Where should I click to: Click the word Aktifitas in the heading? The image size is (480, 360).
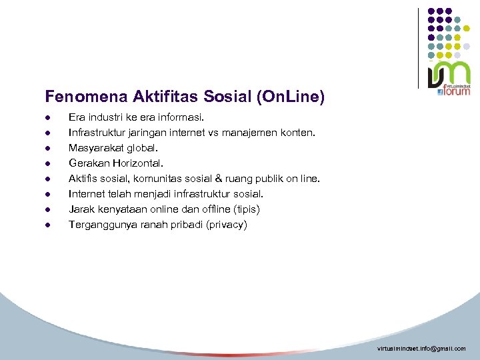point(145,97)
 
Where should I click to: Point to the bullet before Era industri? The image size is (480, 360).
point(48,117)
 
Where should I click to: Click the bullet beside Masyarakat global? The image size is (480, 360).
point(48,148)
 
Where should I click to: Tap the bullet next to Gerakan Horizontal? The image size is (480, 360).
point(48,163)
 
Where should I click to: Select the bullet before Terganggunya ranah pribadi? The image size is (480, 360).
point(48,225)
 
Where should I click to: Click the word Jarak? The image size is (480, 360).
point(82,209)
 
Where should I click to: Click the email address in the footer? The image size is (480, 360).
point(421,349)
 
